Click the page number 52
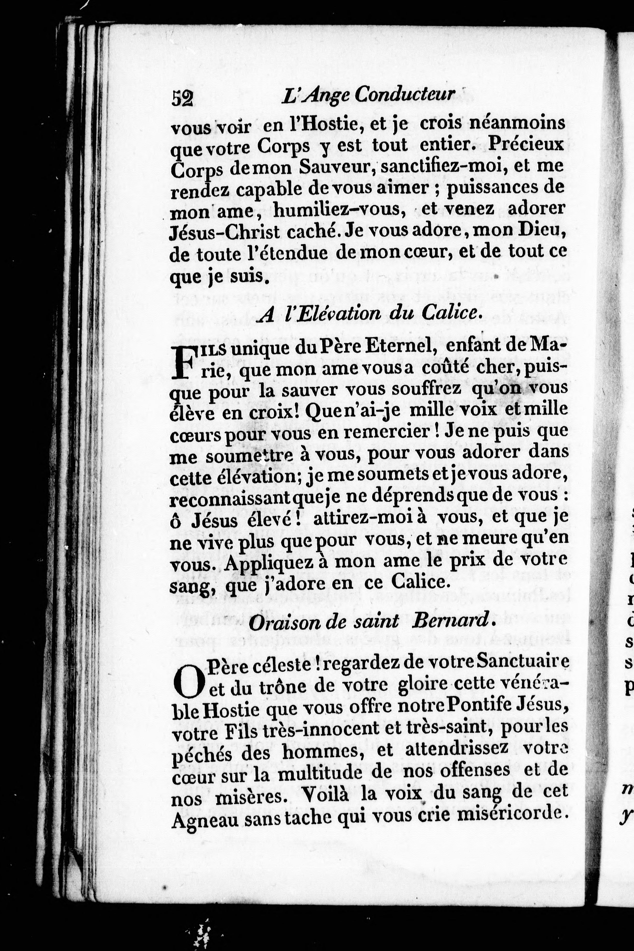(x=183, y=98)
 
